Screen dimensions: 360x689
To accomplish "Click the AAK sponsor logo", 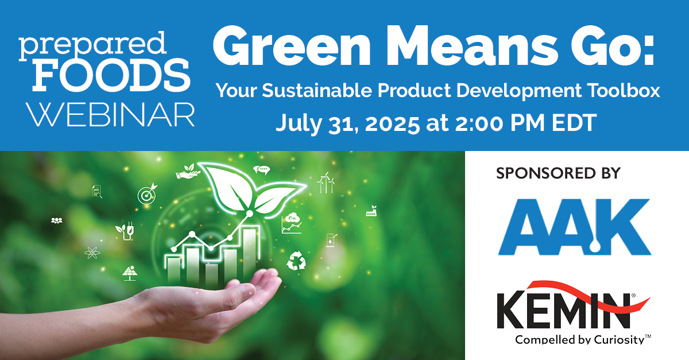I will (574, 226).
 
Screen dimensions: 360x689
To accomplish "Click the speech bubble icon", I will (261, 170).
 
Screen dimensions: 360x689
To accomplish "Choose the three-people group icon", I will (56, 220).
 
